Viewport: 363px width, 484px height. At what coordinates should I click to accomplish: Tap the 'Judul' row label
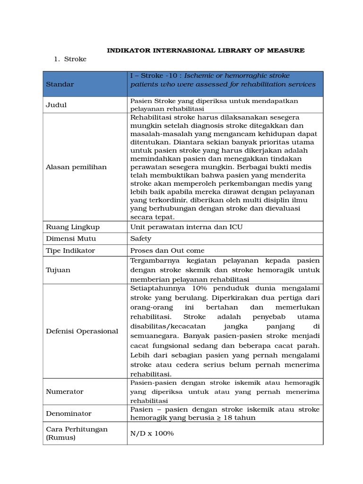[56, 105]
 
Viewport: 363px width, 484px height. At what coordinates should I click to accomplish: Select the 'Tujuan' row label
[57, 270]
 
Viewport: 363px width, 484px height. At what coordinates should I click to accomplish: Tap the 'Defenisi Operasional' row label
[81, 331]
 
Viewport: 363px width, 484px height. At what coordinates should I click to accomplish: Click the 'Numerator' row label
[64, 391]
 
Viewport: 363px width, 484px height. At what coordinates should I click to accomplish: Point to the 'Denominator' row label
[69, 414]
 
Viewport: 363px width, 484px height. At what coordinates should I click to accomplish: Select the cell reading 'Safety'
[141, 239]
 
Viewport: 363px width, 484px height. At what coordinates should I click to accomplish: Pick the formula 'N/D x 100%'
[152, 433]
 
